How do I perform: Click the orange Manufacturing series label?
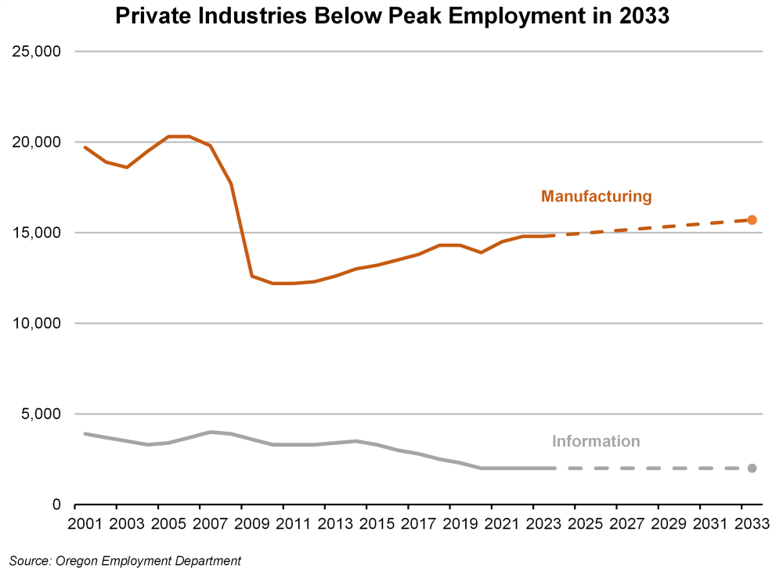(596, 197)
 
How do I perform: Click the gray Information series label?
(596, 441)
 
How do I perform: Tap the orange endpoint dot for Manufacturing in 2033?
(752, 220)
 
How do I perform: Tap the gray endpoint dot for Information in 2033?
(752, 469)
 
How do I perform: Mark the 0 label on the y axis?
(56, 505)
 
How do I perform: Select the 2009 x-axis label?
(251, 523)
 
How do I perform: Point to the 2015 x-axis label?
(377, 523)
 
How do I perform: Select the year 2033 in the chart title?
(642, 16)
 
